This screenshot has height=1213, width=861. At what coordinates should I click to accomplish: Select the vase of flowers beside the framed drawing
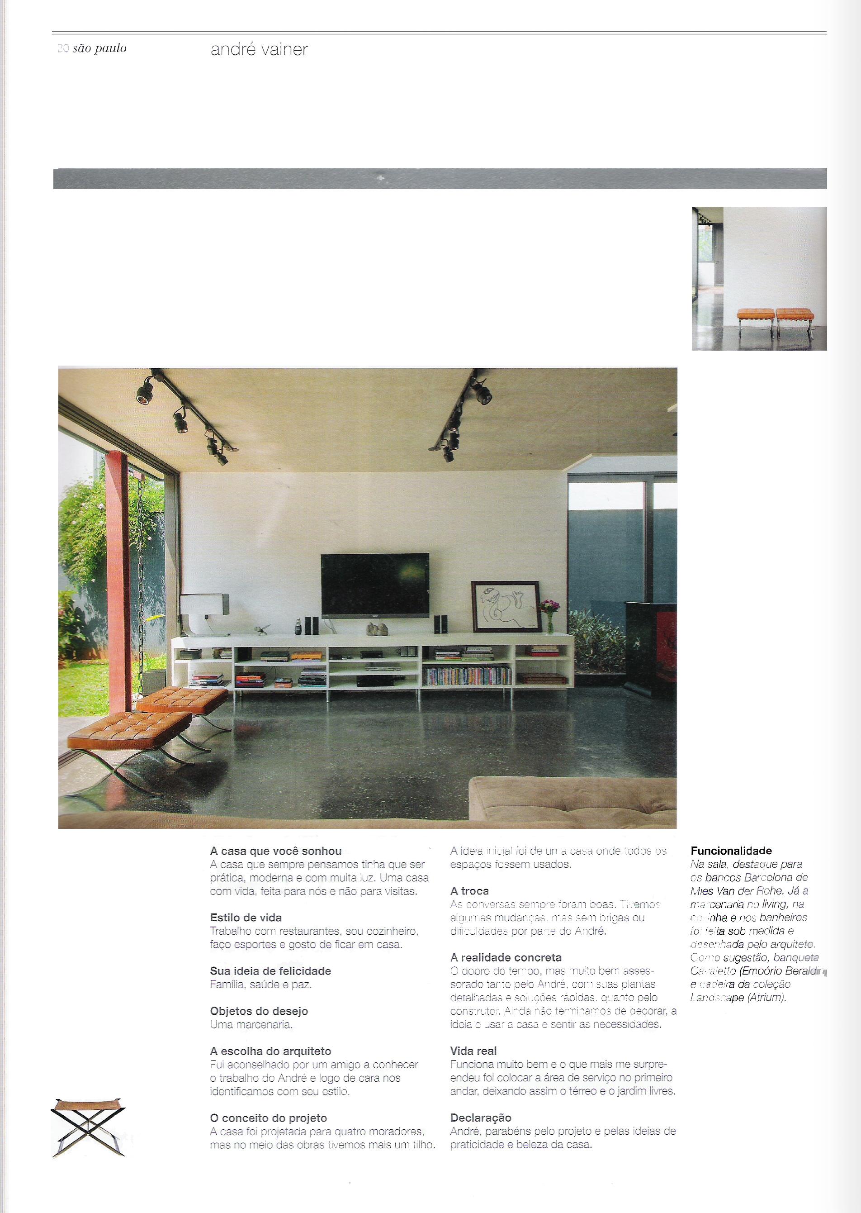tap(547, 615)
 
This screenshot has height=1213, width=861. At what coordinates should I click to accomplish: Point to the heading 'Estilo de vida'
tap(246, 918)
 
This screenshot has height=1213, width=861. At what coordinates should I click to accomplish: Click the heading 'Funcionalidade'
tap(731, 851)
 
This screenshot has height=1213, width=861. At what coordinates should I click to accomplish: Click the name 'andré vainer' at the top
tap(259, 50)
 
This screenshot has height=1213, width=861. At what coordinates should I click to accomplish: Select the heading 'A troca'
tap(469, 890)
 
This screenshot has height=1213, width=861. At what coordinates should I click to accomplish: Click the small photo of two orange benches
tap(759, 278)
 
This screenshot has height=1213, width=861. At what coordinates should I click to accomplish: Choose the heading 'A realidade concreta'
tap(506, 957)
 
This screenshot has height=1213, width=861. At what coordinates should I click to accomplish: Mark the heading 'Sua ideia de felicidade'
tap(270, 971)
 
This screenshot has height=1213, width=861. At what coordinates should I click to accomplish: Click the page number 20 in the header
tap(62, 49)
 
